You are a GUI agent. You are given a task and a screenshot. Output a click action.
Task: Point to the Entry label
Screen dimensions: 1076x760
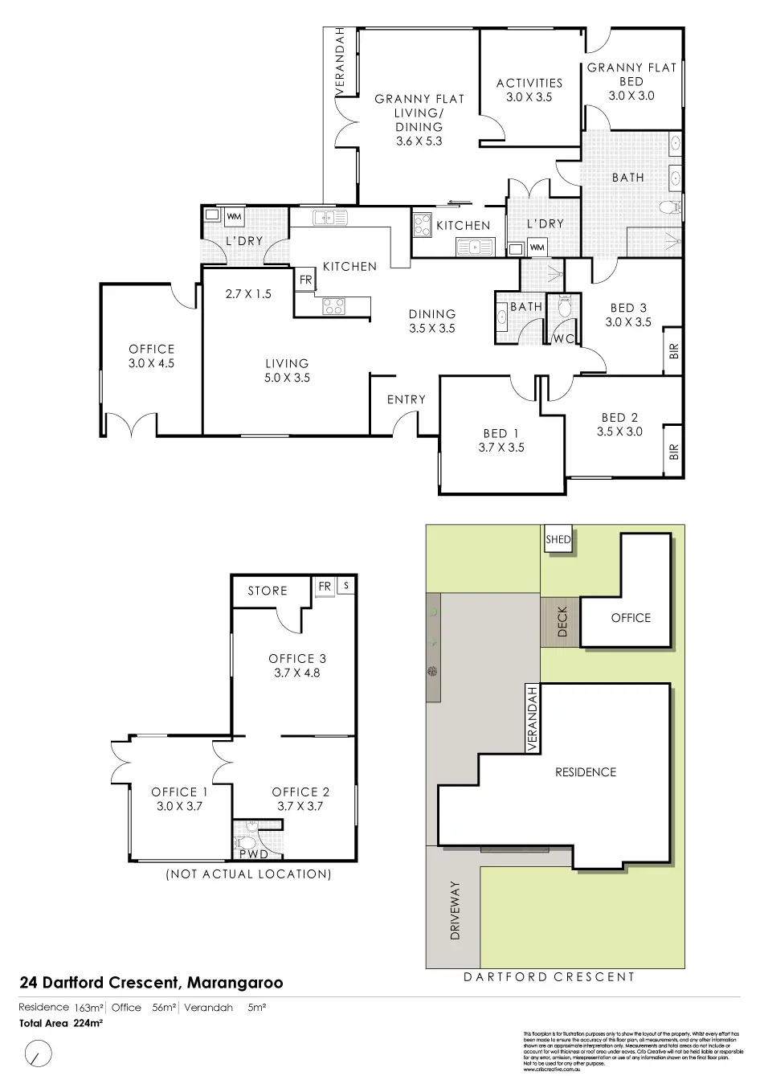(x=407, y=399)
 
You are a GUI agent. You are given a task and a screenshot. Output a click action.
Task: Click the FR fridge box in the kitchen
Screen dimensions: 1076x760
(x=305, y=280)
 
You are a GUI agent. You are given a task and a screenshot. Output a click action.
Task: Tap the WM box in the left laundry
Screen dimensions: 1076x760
(x=234, y=216)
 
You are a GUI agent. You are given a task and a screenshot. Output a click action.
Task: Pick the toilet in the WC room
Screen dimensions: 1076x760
(x=563, y=306)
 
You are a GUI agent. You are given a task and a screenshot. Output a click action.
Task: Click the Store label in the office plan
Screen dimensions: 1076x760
(x=268, y=591)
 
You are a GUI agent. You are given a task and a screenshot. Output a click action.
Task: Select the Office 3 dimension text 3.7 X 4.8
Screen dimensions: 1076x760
(x=297, y=673)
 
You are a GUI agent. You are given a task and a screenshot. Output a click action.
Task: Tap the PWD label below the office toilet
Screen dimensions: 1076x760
(x=254, y=854)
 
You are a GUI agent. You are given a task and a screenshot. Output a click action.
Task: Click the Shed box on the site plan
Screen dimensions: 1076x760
(x=558, y=539)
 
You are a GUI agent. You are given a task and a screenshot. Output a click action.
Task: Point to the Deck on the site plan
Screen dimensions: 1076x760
(x=561, y=621)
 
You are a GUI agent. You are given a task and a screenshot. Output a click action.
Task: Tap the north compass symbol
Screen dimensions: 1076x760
(x=37, y=1051)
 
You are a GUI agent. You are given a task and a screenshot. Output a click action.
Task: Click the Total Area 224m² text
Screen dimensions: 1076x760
(x=61, y=1024)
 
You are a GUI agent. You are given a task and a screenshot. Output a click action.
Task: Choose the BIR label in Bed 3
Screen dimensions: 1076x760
(x=673, y=350)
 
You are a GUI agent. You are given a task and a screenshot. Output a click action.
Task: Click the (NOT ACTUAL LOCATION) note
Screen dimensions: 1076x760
(x=248, y=874)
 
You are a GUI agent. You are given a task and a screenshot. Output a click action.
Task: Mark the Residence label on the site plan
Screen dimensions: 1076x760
(x=586, y=772)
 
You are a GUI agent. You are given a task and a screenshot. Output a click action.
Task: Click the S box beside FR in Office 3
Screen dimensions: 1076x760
(x=346, y=586)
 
